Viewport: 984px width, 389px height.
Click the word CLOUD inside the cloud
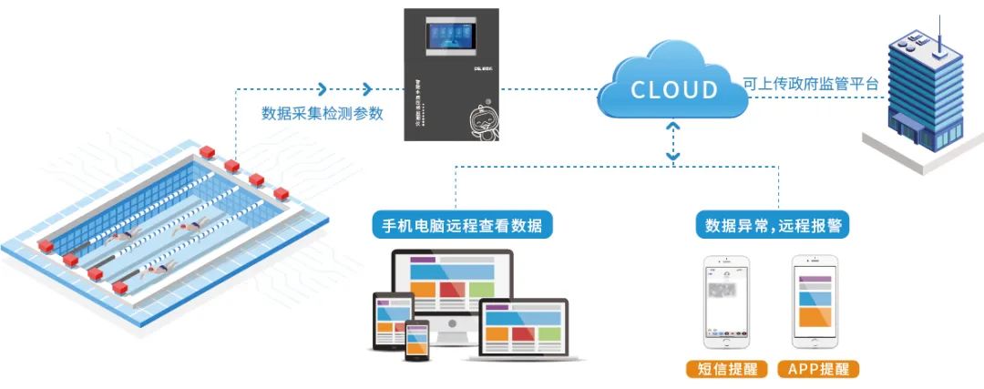pyautogui.click(x=674, y=89)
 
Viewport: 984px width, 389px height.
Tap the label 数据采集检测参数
pyautogui.click(x=323, y=114)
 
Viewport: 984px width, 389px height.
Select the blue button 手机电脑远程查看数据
pyautogui.click(x=463, y=225)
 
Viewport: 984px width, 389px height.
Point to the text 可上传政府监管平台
pyautogui.click(x=811, y=84)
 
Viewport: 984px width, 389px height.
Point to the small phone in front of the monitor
pyautogui.click(x=418, y=339)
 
